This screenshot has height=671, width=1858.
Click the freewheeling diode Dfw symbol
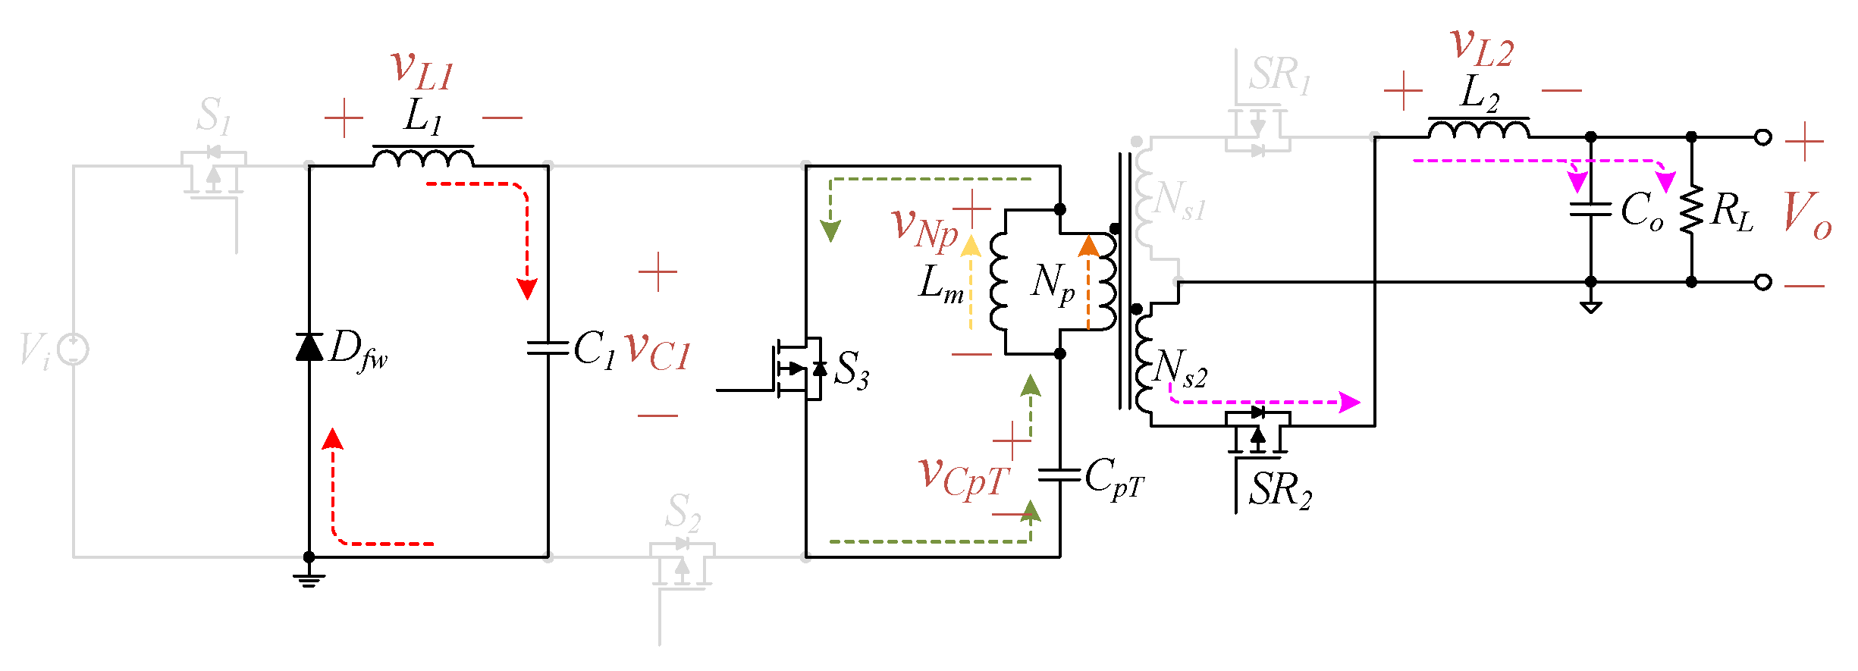pos(309,346)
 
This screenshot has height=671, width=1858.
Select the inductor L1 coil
pos(423,158)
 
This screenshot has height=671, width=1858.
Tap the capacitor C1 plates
pos(548,348)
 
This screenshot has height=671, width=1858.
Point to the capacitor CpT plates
pos(1059,475)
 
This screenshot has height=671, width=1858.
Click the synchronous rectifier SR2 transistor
pos(1257,432)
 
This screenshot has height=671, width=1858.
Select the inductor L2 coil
pos(1478,130)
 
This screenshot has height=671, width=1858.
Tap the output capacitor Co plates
pos(1590,209)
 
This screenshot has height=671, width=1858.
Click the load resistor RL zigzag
pos(1691,209)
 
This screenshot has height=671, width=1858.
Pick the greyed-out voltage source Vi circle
pos(74,350)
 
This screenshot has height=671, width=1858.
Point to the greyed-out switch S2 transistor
pos(682,565)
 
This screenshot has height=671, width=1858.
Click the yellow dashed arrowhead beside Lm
pos(971,245)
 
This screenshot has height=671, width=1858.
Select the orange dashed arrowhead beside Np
pos(1088,245)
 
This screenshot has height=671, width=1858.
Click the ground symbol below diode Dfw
pos(309,579)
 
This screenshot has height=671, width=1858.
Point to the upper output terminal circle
pos(1763,137)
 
